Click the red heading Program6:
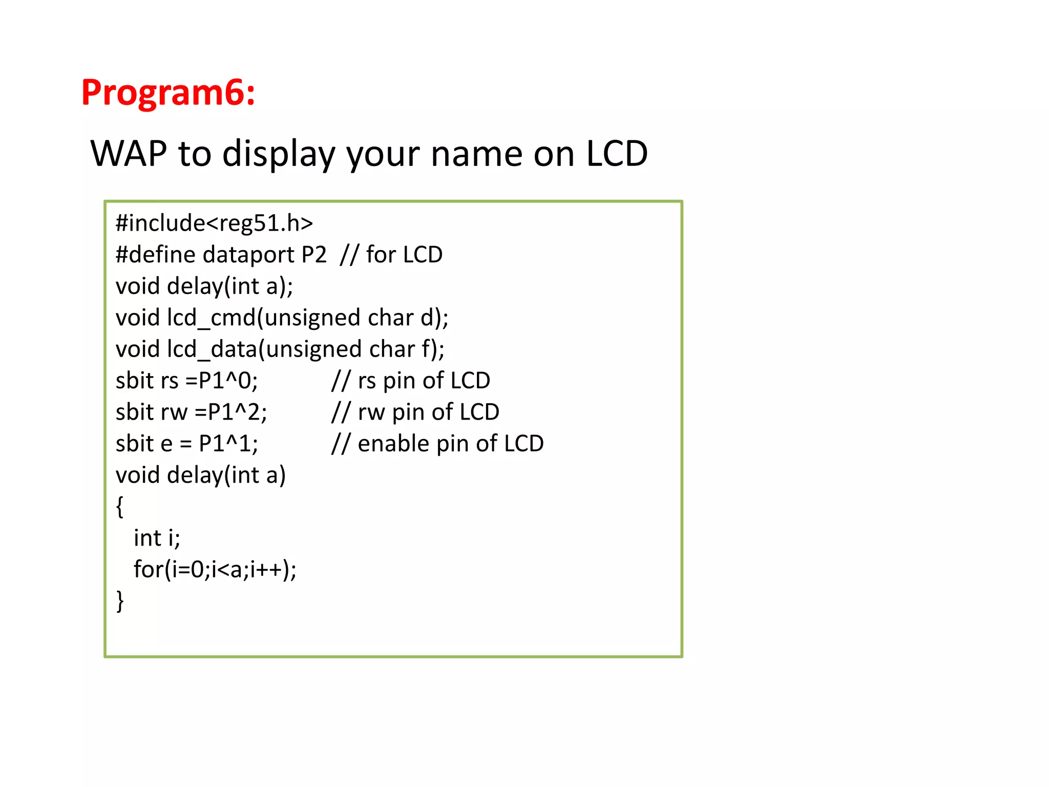[168, 93]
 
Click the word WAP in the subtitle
[129, 153]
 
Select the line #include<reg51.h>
[214, 223]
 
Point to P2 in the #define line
[313, 255]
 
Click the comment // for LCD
[391, 255]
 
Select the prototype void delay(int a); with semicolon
[204, 286]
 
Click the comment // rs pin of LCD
[411, 381]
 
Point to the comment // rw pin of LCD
[415, 412]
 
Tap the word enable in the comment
[393, 444]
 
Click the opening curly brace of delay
[120, 507]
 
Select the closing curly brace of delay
[120, 601]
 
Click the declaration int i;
[157, 538]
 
